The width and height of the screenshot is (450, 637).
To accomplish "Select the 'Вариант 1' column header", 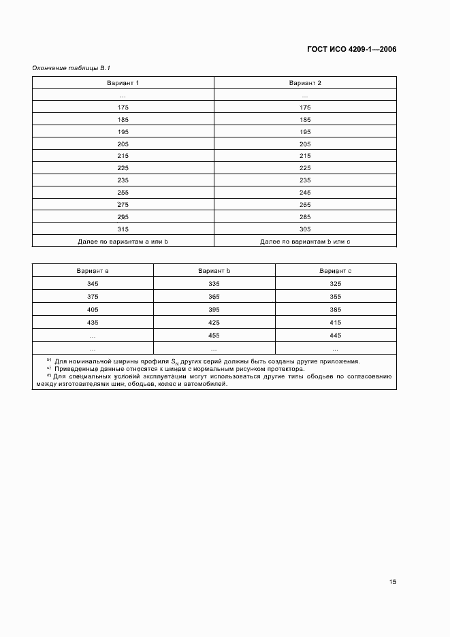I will (123, 83).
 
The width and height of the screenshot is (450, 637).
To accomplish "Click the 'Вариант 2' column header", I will (305, 83).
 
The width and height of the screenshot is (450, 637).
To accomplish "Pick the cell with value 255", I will (123, 193).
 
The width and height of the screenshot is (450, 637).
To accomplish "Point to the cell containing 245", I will (305, 193).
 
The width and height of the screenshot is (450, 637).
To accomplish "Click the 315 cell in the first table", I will (123, 229).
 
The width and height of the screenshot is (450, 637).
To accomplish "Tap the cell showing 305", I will (305, 229).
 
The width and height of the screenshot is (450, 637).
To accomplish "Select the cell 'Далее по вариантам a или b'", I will (123, 242).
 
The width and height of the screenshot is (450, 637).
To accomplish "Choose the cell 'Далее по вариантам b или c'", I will (305, 242).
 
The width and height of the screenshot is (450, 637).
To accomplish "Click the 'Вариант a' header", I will (93, 271).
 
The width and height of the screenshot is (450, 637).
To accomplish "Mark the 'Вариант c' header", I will (336, 271).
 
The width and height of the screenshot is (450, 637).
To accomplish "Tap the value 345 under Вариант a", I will (93, 283).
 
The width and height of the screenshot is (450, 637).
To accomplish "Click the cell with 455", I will (214, 336).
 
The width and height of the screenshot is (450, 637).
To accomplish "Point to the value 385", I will (336, 310).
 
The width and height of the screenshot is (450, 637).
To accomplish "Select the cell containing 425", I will (214, 323).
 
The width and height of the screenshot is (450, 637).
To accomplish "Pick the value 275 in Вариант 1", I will (123, 205).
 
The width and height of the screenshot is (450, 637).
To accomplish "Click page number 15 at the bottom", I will (392, 582).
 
